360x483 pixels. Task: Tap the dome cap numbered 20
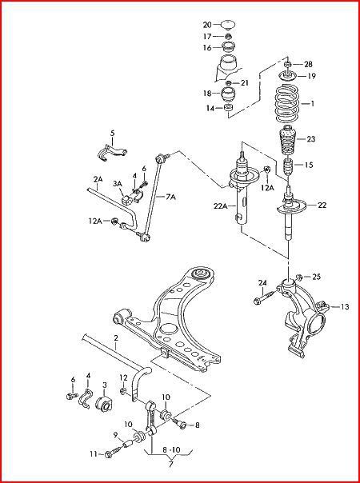point(228,24)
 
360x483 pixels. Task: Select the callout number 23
point(310,139)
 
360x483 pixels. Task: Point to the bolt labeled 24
point(265,297)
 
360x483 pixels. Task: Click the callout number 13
point(345,306)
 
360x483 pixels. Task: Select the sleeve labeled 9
point(128,445)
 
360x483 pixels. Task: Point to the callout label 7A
point(170,197)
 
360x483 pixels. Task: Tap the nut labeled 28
point(287,65)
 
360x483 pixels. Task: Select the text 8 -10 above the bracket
point(172,450)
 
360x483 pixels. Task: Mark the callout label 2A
point(98,179)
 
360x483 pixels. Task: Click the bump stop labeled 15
point(288,166)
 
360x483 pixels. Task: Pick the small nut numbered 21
point(228,83)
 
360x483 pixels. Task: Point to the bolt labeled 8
point(180,424)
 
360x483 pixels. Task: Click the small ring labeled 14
point(228,108)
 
